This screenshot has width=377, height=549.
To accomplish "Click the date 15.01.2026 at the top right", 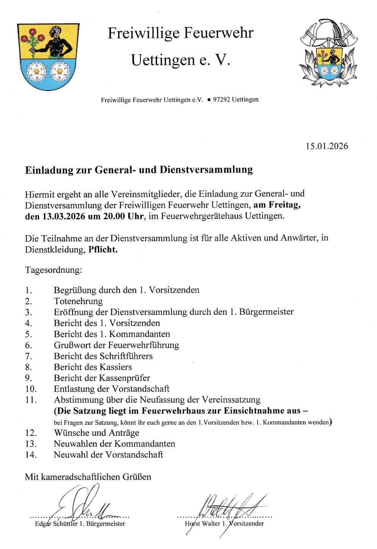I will tap(327, 146).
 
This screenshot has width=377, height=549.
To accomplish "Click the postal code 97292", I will tap(221, 100).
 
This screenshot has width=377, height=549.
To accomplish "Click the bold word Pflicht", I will tap(103, 250).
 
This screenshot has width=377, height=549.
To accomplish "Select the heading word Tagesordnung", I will tap(53, 270).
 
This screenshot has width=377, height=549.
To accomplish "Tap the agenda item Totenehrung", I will tap(78, 301).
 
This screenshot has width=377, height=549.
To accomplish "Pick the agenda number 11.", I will tap(31, 400).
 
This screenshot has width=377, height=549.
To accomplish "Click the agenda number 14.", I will tap(31, 455).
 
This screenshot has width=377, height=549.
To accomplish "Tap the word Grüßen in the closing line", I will tap(137, 477).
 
